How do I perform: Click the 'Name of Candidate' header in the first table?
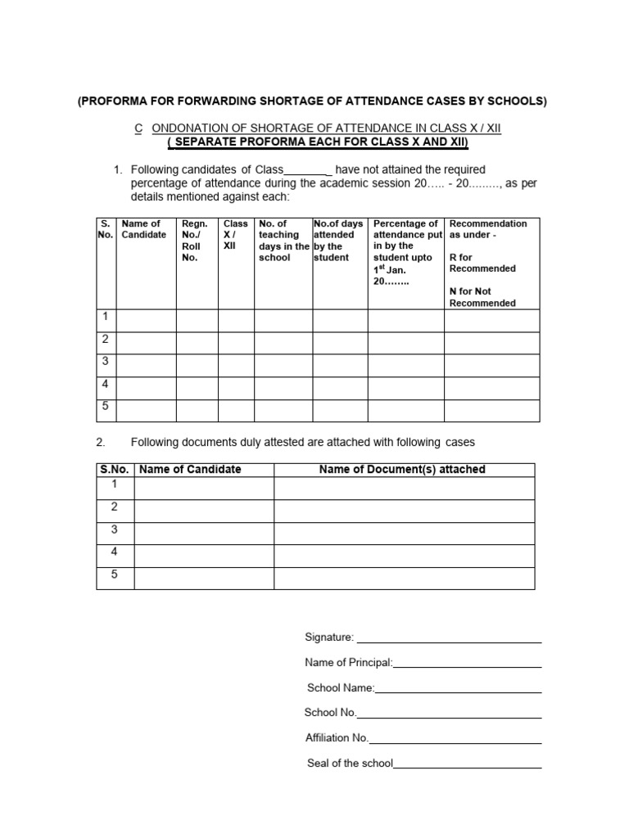click(143, 229)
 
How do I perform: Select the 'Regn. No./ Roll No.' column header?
click(195, 240)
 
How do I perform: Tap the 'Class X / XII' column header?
click(235, 234)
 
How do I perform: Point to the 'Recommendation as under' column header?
click(488, 229)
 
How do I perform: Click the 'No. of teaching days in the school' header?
click(283, 240)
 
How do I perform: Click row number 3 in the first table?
click(104, 361)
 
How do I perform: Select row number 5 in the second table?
click(115, 574)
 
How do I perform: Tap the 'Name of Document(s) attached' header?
click(402, 470)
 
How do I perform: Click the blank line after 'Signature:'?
click(449, 638)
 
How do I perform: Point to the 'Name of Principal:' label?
click(349, 663)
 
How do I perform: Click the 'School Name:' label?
click(341, 688)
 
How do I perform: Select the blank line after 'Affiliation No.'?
click(455, 739)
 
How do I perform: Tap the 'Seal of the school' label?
click(350, 764)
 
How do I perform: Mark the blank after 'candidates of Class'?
click(306, 170)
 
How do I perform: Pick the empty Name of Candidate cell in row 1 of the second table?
click(204, 489)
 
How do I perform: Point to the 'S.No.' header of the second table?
click(115, 470)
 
